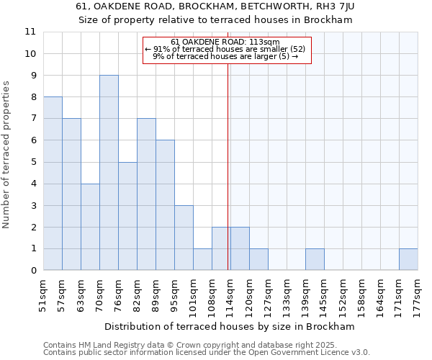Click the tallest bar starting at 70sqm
(x=109, y=173)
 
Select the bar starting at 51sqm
(x=53, y=184)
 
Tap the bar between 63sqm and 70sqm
(x=90, y=227)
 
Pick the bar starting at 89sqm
(x=165, y=205)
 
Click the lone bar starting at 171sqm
(x=408, y=259)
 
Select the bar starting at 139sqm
(x=315, y=259)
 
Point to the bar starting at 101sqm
(x=202, y=259)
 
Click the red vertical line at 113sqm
(x=228, y=166)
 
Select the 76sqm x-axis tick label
(x=119, y=294)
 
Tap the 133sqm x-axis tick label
(x=287, y=294)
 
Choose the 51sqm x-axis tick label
(x=44, y=294)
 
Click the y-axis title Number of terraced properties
(x=7, y=155)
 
